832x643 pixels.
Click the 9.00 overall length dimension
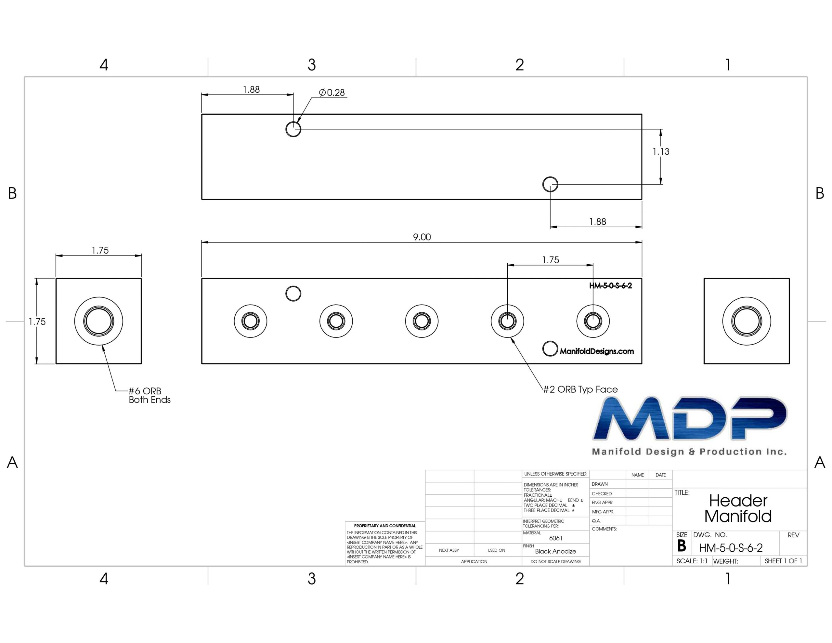click(x=422, y=237)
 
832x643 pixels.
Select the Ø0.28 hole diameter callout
click(x=332, y=93)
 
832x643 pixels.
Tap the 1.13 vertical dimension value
click(x=661, y=152)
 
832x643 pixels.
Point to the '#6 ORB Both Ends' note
click(x=149, y=395)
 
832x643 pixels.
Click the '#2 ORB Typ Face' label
click(x=580, y=389)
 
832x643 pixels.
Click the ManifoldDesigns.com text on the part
click(x=597, y=351)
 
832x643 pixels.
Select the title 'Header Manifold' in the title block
click(x=738, y=508)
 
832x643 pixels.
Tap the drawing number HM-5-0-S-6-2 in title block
click(x=731, y=548)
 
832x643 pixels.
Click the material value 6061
click(x=556, y=538)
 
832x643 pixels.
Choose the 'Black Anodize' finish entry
click(x=555, y=552)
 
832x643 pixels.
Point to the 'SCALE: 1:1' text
click(x=692, y=561)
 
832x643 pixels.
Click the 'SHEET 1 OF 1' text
click(x=783, y=561)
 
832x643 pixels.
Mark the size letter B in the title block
click(x=682, y=546)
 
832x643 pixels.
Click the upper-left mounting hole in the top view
click(x=293, y=129)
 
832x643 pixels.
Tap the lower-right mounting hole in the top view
click(x=550, y=184)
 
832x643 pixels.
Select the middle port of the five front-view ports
click(x=422, y=321)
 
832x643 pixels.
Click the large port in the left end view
click(x=99, y=321)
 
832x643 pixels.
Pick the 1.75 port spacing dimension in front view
click(x=551, y=260)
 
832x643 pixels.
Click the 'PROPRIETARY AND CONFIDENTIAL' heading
click(x=385, y=526)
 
